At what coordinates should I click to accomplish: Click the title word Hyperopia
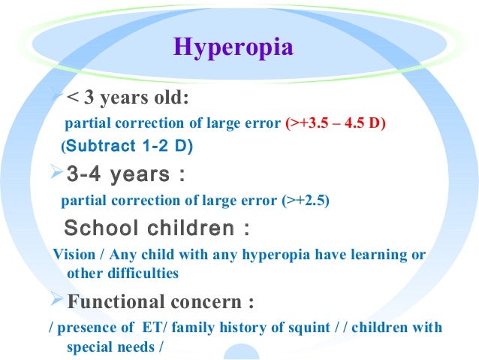(233, 47)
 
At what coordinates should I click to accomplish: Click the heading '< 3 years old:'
(127, 98)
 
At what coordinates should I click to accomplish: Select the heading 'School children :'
(158, 228)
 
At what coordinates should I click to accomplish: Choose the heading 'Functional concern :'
(161, 302)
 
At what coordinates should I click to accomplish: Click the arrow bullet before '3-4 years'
(55, 176)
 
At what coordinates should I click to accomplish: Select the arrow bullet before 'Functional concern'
(55, 302)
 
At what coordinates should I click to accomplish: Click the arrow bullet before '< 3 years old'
(55, 97)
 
